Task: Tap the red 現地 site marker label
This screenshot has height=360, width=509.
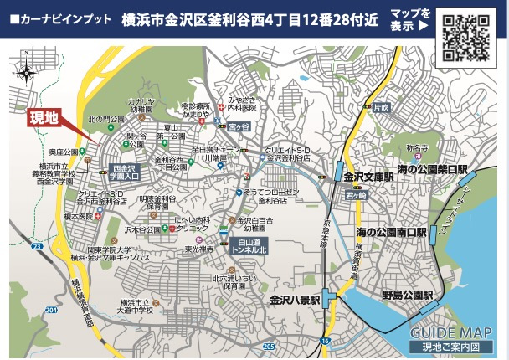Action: click(x=44, y=118)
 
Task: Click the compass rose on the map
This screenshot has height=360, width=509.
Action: click(x=28, y=72)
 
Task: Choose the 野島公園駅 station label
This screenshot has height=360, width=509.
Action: click(x=407, y=296)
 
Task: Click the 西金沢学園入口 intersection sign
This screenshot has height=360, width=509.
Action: click(x=123, y=172)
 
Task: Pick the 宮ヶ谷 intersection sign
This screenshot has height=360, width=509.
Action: click(x=240, y=126)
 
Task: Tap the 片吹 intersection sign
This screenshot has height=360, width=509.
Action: click(x=382, y=107)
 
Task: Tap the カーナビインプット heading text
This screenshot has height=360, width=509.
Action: click(x=59, y=18)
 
